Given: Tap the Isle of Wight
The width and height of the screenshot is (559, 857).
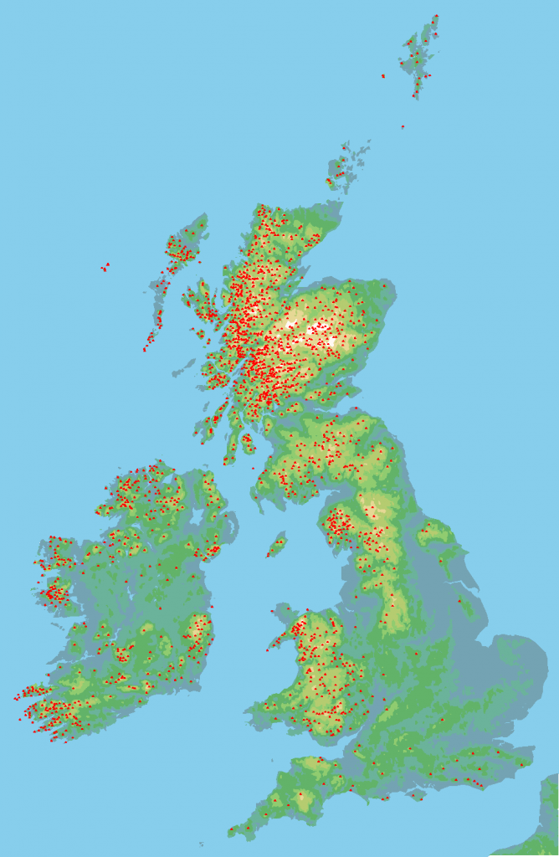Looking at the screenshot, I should point(416,794).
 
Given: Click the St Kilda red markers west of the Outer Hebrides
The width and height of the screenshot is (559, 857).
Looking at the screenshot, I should point(105,267).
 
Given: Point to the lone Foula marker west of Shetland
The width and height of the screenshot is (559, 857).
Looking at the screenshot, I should point(383,76).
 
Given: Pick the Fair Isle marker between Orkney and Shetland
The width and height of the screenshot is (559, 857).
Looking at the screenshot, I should point(403,127).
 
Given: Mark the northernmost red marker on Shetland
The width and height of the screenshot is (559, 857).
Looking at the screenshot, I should point(436,16).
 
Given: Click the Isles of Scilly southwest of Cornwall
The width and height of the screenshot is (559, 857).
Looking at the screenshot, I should point(201,844).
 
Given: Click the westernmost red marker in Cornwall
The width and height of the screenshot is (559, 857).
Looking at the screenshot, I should point(231,831).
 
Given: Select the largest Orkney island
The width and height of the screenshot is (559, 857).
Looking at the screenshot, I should point(339,172).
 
